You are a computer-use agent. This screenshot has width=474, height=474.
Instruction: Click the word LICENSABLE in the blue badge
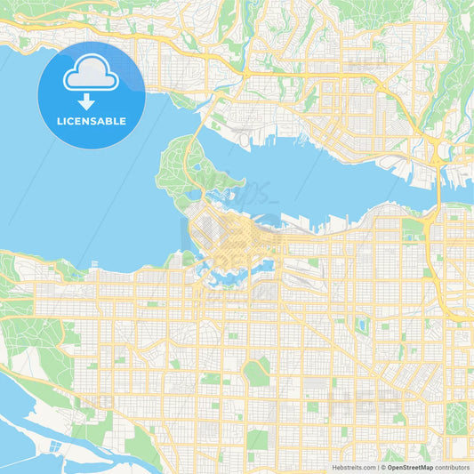coord(92,120)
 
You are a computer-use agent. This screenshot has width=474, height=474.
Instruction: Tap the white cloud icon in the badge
coord(92,76)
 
